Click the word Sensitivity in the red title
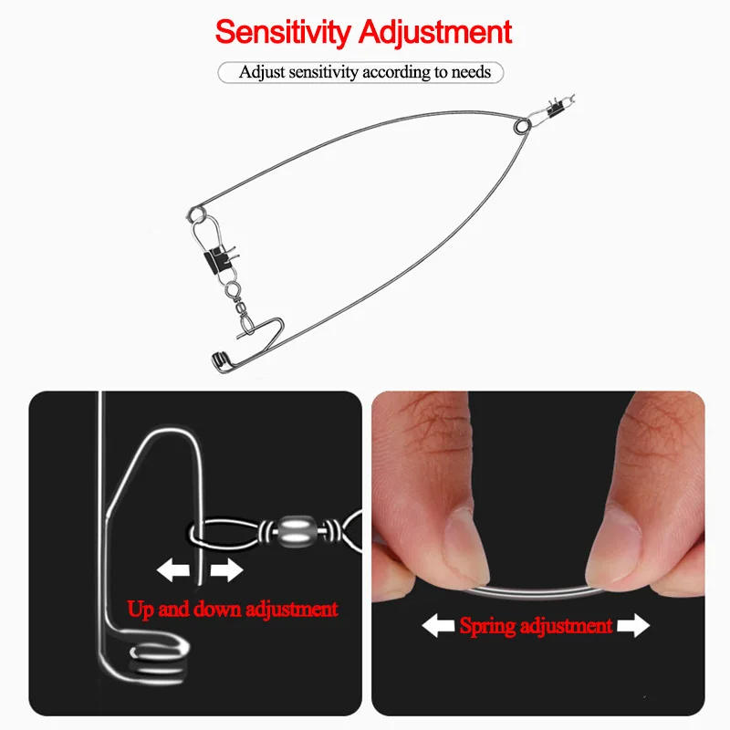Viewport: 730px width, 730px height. (x=283, y=33)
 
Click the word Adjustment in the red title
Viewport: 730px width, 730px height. (x=435, y=32)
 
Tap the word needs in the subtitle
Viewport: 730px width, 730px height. (x=471, y=72)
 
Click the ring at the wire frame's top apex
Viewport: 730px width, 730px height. (x=522, y=126)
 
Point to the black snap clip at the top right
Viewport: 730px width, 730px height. (x=555, y=109)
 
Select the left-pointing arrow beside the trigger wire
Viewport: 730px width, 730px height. (x=173, y=570)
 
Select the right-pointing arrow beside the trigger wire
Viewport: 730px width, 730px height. (x=226, y=570)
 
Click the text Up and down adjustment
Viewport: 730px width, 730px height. (x=233, y=609)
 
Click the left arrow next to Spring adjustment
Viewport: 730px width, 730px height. (x=438, y=626)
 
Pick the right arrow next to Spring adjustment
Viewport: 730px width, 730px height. (x=633, y=626)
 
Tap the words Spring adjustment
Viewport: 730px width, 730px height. (x=536, y=626)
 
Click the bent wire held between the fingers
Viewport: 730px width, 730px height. (x=536, y=592)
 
